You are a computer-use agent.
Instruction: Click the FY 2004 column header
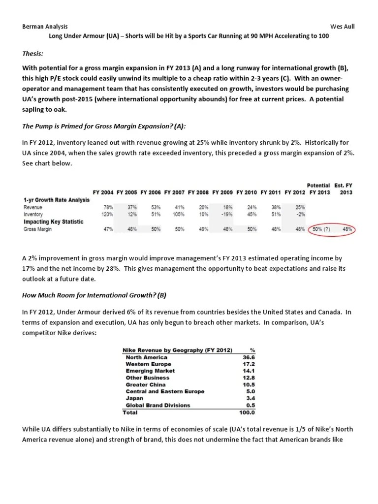(103, 192)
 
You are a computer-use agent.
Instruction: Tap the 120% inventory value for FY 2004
(107, 215)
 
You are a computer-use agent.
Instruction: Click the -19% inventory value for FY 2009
(227, 215)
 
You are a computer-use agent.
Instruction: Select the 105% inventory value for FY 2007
(179, 215)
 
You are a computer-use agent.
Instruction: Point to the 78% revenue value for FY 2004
(109, 208)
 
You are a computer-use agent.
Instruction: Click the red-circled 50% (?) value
(321, 229)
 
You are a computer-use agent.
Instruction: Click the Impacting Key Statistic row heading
(53, 222)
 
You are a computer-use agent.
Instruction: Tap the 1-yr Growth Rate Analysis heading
(56, 200)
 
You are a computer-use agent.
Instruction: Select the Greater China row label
(146, 385)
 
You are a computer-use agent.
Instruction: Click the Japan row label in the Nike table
(135, 399)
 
